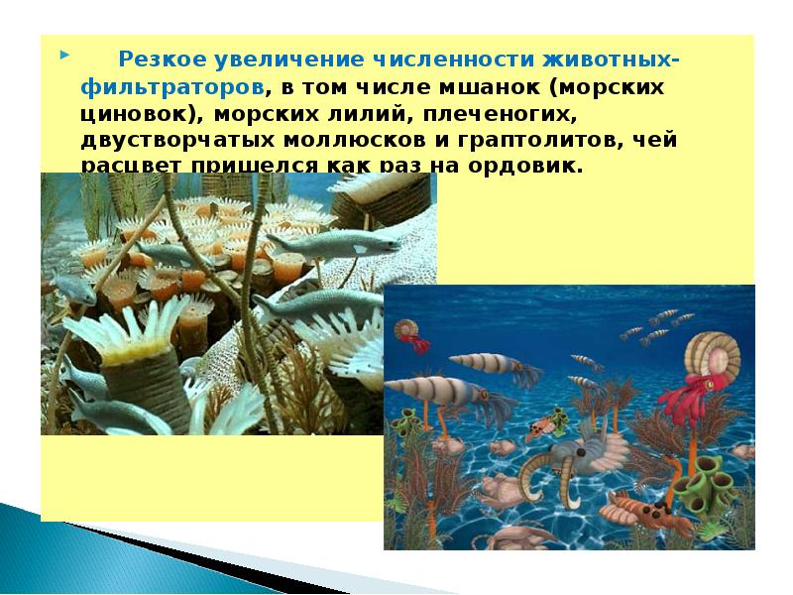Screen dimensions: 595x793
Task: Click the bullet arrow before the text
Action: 64,52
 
